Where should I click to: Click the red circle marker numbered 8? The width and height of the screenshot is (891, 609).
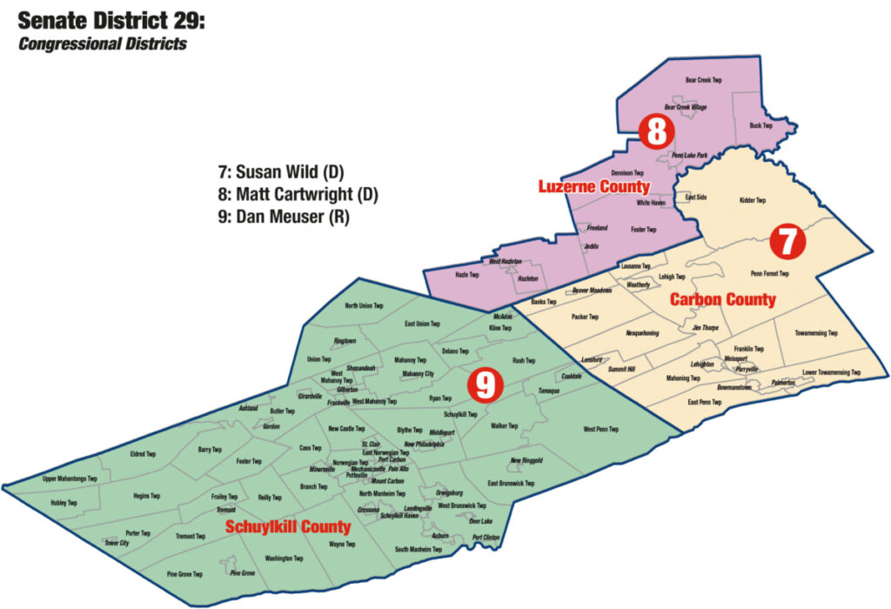click(656, 131)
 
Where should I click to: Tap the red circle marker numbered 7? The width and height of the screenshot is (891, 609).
click(786, 241)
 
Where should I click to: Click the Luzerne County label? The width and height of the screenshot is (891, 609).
click(593, 187)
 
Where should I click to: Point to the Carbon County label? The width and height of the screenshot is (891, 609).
click(722, 300)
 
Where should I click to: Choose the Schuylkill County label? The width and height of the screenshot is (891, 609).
click(288, 527)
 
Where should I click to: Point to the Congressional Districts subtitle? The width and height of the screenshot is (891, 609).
click(103, 43)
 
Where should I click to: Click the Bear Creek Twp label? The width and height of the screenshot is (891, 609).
click(703, 79)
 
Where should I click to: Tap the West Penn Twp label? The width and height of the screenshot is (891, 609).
click(600, 429)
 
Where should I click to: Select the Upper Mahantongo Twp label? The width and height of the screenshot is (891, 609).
click(70, 478)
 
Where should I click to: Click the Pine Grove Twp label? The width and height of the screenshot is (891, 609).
click(184, 574)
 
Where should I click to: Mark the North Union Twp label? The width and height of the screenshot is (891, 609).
click(364, 305)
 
